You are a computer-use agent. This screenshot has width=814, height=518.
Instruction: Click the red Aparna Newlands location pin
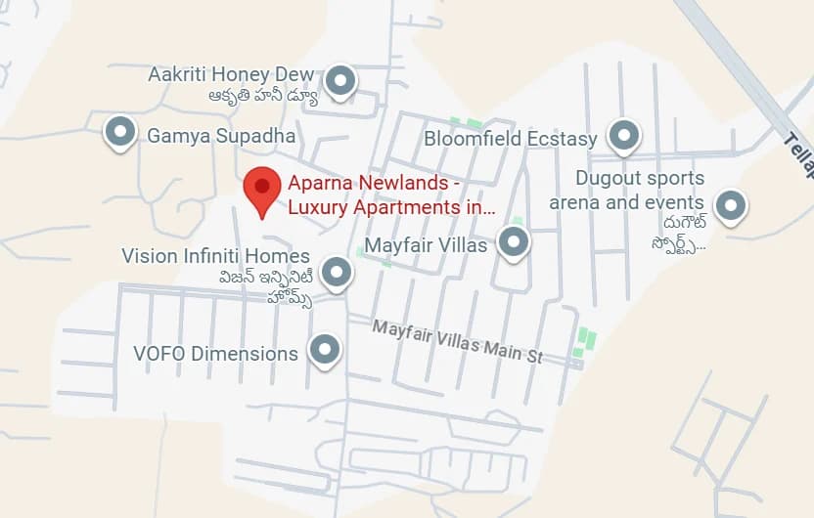tap(261, 187)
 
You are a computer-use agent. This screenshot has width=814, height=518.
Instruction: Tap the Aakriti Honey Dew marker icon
tap(339, 80)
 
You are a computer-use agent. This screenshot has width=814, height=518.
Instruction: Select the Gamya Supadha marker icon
tap(119, 131)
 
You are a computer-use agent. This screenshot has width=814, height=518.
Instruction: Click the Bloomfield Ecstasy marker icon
tap(623, 136)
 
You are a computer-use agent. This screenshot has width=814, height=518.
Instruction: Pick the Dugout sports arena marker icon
tap(730, 205)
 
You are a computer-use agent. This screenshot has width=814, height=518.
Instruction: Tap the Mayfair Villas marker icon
tap(513, 241)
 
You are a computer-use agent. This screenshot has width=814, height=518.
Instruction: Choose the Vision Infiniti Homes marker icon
tap(337, 272)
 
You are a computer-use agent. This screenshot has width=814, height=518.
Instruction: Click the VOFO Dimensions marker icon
tap(324, 349)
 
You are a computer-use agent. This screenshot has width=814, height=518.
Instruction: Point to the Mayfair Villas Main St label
tap(457, 341)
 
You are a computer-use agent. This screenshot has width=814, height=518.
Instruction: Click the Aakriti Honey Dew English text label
tap(231, 74)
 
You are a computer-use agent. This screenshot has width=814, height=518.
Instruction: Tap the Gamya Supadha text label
tap(221, 136)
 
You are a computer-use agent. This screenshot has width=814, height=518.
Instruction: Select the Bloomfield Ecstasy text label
tap(510, 139)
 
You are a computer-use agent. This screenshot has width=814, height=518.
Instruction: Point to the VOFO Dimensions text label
tap(216, 353)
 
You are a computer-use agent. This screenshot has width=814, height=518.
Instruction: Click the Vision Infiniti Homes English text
tap(215, 256)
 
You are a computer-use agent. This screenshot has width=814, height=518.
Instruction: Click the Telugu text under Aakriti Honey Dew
tap(262, 96)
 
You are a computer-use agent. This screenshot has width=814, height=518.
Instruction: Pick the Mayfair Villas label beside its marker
tap(426, 244)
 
